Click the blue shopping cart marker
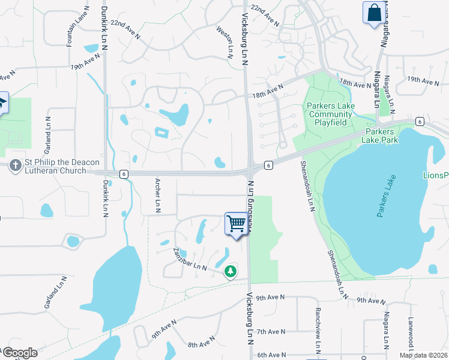click(x=237, y=224)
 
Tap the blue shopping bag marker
click(x=373, y=13)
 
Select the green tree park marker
click(x=230, y=272)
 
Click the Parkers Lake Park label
click(x=379, y=136)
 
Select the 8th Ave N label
click(x=201, y=344)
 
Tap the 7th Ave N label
click(x=269, y=331)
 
